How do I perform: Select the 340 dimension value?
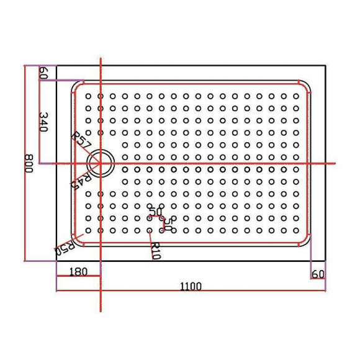44,123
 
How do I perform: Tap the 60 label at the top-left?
43,73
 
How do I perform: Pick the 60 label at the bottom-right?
318,274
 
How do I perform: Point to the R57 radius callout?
81,140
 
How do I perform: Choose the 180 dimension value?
78,271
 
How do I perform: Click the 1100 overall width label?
191,286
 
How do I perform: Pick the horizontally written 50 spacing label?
155,213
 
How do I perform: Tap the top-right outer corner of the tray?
326,65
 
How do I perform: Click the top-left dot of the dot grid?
88,96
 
